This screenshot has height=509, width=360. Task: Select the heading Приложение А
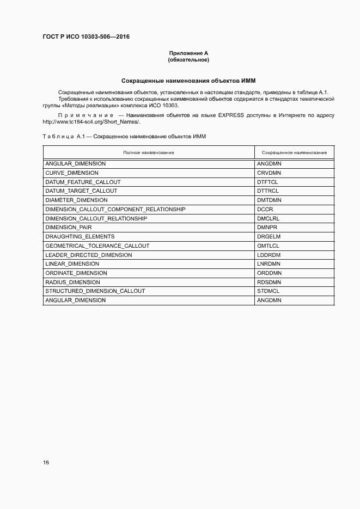pyautogui.click(x=188, y=53)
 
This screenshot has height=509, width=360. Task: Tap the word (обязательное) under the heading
pyautogui.click(x=188, y=59)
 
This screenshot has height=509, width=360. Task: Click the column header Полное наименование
pyautogui.click(x=149, y=152)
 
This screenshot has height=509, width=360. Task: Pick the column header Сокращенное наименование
pyautogui.click(x=294, y=152)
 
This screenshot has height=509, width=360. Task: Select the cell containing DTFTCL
pyautogui.click(x=267, y=182)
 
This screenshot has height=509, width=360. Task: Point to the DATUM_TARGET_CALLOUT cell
pyautogui.click(x=81, y=191)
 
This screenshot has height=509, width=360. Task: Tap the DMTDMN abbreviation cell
pyautogui.click(x=269, y=200)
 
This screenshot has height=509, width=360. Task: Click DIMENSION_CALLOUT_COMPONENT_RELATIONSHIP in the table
pyautogui.click(x=115, y=209)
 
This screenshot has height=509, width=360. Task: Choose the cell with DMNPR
pyautogui.click(x=267, y=228)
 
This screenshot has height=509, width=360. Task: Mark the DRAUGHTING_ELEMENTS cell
pyautogui.click(x=80, y=236)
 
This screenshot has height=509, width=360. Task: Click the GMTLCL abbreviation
pyautogui.click(x=268, y=246)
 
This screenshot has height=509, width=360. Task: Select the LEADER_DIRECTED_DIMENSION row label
pyautogui.click(x=89, y=255)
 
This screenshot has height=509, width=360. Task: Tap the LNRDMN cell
pyautogui.click(x=269, y=264)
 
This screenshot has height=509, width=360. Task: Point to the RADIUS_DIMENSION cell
pyautogui.click(x=72, y=282)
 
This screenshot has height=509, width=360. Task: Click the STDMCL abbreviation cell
pyautogui.click(x=268, y=291)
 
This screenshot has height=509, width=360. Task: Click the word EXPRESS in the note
pyautogui.click(x=233, y=115)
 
